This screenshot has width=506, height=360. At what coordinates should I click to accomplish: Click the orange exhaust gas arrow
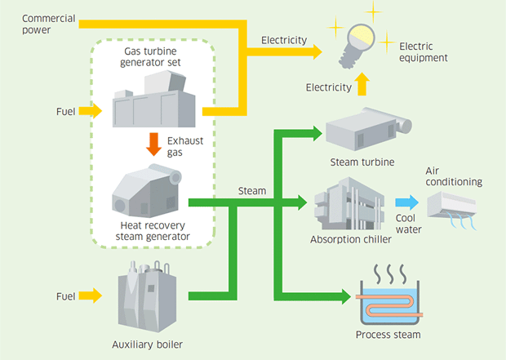point(153,144)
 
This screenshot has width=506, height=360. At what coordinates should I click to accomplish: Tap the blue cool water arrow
point(406,202)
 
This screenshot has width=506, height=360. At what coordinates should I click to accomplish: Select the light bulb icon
point(357,46)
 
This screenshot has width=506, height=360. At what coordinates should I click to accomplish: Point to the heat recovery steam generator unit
point(147,190)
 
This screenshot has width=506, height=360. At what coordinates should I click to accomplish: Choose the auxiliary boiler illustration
point(147,296)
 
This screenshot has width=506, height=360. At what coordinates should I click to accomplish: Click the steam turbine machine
point(369,129)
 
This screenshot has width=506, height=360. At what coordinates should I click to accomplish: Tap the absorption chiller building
point(349,203)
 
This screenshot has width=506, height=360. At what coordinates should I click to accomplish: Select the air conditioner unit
point(452,210)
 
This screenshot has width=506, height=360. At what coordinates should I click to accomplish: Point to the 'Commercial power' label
point(49,24)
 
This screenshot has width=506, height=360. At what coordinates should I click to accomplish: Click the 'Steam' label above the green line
point(252,191)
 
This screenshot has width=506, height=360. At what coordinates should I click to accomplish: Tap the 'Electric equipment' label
point(423,52)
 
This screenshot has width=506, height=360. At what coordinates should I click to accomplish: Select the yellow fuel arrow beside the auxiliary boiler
point(91,296)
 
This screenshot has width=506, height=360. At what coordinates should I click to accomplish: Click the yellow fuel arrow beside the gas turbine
point(91,111)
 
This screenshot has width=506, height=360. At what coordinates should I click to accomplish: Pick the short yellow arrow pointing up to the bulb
point(362,84)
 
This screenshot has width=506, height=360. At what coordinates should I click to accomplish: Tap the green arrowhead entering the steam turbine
point(317,133)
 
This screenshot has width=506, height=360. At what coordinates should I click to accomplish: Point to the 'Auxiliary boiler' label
point(148,344)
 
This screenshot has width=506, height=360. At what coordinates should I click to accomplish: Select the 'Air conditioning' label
point(454,176)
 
